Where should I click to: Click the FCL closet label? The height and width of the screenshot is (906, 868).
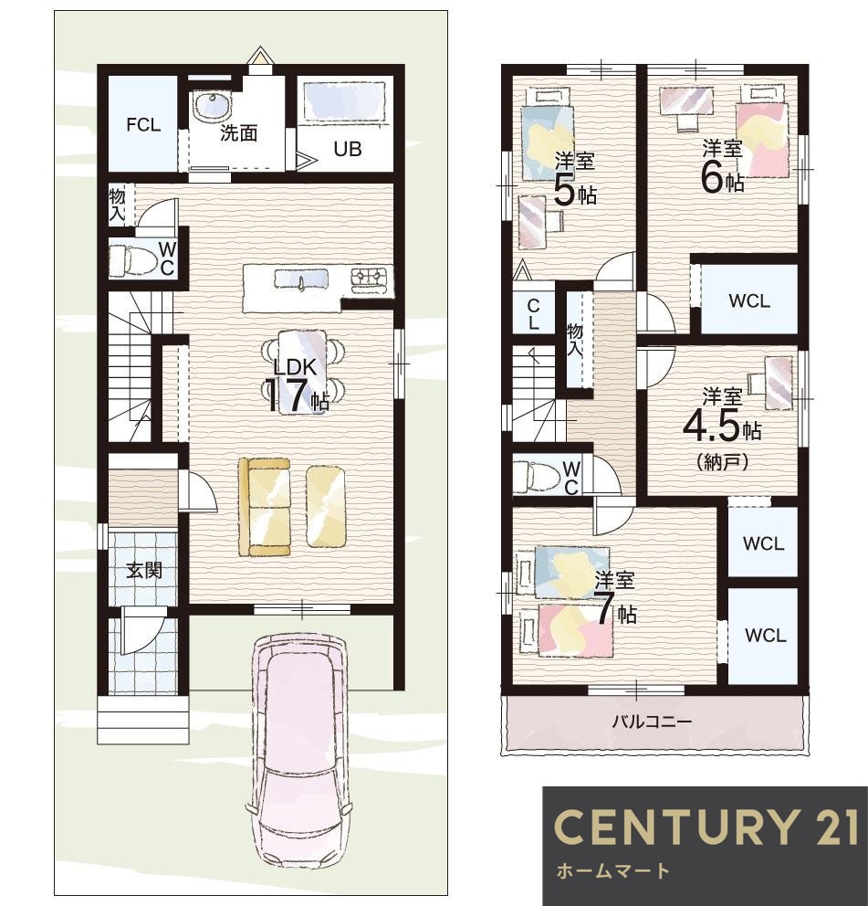point(143,124)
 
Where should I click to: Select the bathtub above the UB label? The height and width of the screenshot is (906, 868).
point(344,101)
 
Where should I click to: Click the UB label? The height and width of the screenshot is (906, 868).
point(348,149)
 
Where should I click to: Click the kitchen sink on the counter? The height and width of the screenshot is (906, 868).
point(300,279)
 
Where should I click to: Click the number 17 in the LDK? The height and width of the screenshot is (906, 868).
point(287,395)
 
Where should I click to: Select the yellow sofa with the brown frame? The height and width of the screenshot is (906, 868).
point(265,507)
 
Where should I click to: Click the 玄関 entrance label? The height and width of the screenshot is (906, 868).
point(144,570)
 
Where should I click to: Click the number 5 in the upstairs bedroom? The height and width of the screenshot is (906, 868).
point(565,189)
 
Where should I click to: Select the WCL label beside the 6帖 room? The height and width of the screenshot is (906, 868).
point(749,300)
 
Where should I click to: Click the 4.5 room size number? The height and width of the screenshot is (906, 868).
point(711,426)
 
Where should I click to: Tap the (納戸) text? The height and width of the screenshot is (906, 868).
point(723,461)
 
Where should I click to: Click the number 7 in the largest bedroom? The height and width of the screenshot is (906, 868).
point(605,608)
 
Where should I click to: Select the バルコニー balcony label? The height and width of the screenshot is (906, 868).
point(652,722)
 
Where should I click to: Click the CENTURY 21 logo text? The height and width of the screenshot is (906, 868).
point(706,827)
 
